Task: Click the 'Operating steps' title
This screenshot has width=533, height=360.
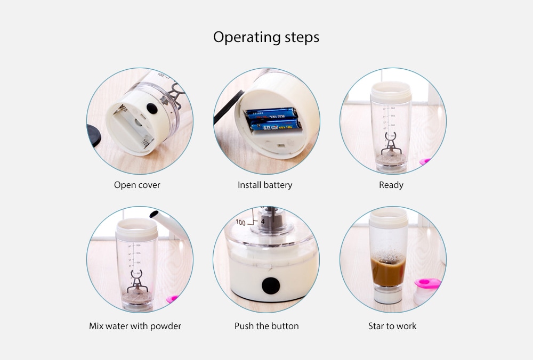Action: point(266,37)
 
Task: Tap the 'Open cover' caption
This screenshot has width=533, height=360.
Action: point(137,185)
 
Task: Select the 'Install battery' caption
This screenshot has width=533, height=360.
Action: point(265,185)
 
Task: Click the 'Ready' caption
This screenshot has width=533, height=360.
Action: point(391,185)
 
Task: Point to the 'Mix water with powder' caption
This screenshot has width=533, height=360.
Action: point(135,326)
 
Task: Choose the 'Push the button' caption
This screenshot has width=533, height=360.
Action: point(266,326)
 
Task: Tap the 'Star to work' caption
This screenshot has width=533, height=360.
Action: point(392,326)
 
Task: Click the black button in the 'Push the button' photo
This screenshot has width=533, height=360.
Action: point(271,285)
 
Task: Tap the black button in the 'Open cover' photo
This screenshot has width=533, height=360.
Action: point(152,108)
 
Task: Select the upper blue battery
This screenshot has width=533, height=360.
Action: point(271,113)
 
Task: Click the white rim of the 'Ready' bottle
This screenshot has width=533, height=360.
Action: point(391,92)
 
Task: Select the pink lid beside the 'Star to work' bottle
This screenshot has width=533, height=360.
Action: point(427,283)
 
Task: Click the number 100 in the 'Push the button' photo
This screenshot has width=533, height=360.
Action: point(241,223)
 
